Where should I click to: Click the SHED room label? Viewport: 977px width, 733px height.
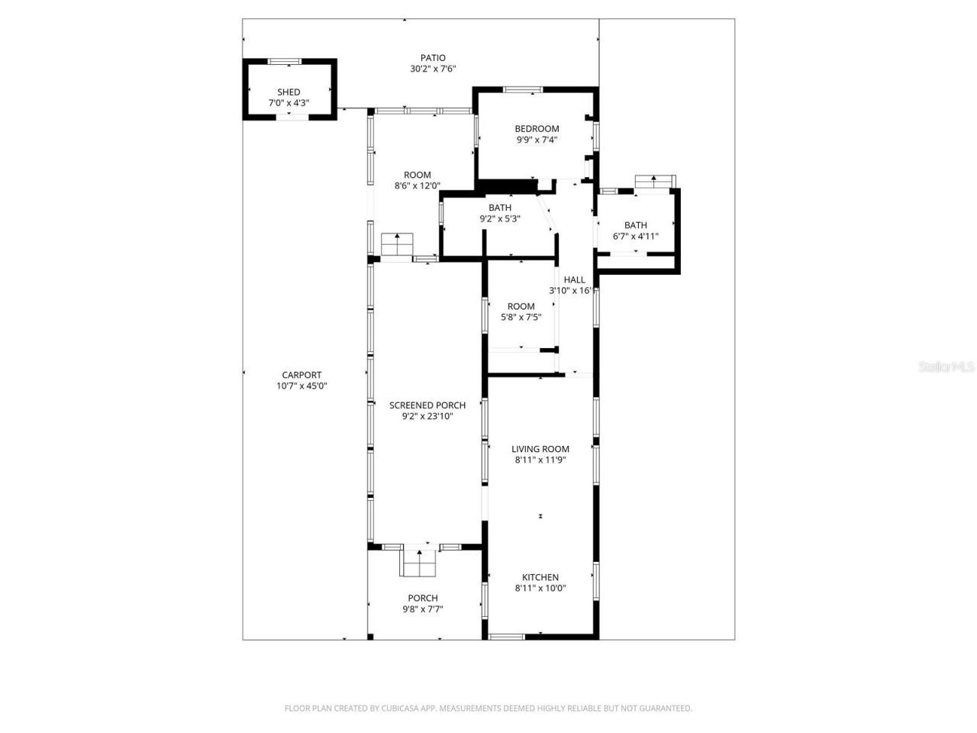(289, 92)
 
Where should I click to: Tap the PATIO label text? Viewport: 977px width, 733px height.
(433, 58)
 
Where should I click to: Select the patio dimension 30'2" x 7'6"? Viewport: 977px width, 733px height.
(433, 69)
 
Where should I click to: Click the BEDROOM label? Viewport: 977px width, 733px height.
(537, 129)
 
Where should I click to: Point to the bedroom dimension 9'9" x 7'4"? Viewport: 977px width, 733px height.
(537, 140)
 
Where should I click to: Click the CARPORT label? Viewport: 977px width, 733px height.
(301, 375)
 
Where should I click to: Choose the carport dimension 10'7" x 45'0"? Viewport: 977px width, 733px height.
(301, 386)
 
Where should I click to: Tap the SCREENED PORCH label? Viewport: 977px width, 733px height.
(427, 405)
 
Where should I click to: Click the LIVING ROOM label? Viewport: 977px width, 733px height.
(540, 449)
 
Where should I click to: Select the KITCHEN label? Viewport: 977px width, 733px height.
(540, 577)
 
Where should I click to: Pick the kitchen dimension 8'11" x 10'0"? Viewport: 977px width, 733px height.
(540, 588)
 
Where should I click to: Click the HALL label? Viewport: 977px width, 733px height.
(575, 280)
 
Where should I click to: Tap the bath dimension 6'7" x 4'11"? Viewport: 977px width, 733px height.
(636, 236)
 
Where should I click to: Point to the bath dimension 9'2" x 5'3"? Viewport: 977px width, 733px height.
(500, 218)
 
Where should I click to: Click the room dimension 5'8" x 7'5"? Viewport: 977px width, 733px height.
(521, 318)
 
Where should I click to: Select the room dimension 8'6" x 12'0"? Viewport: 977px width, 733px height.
(418, 186)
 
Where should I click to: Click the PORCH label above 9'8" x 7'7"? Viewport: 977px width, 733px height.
(423, 598)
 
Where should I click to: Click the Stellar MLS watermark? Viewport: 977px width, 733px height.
(946, 367)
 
